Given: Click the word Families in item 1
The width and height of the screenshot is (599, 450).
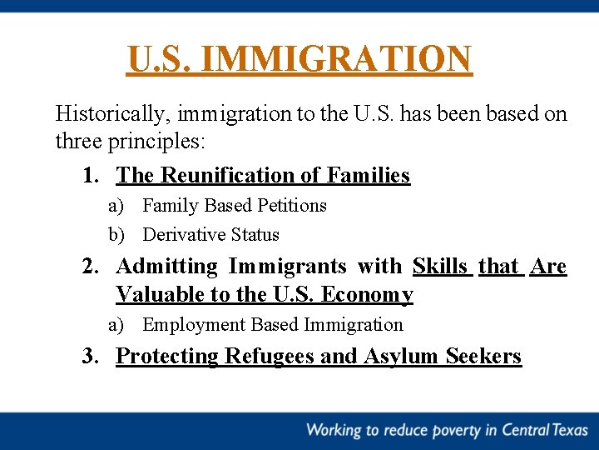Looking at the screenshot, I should click(369, 175).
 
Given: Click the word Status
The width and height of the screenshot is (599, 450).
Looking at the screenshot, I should click(255, 235).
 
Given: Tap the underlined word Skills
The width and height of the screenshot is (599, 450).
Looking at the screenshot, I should click(441, 266).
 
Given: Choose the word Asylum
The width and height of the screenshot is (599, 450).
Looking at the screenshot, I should click(401, 356).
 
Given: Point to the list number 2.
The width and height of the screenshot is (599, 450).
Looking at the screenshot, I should click(91, 266).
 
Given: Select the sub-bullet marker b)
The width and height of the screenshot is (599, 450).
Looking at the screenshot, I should click(116, 235).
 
